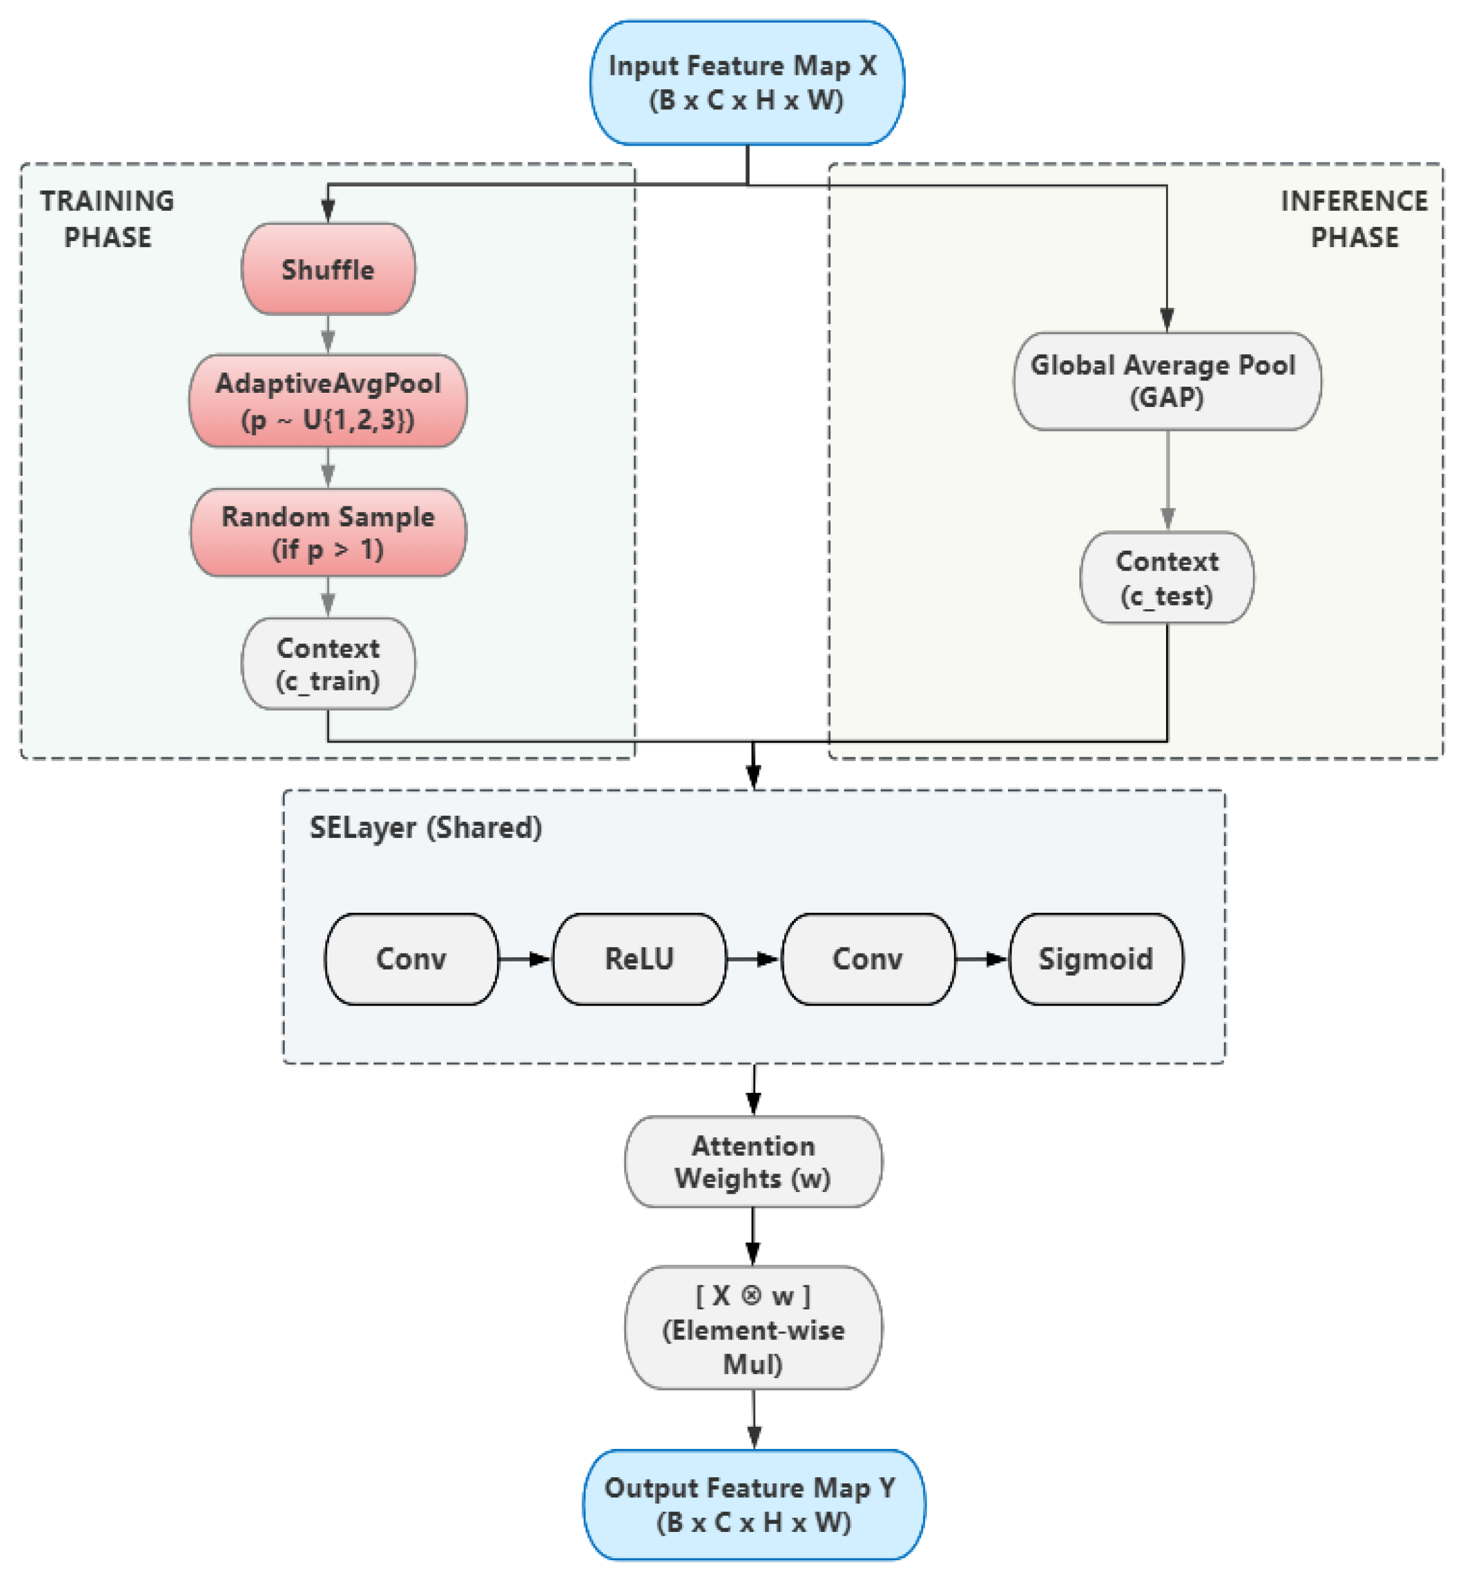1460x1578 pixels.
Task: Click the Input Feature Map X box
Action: click(x=747, y=83)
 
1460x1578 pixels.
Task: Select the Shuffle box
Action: click(x=328, y=269)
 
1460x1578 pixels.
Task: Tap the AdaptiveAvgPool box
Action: click(x=328, y=400)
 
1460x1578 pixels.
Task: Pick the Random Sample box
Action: click(x=328, y=532)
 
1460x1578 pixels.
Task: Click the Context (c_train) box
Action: click(x=328, y=663)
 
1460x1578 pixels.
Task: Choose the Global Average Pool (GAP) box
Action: click(x=1167, y=381)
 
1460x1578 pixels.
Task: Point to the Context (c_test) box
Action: click(x=1167, y=577)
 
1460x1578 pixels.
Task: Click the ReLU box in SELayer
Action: click(x=639, y=959)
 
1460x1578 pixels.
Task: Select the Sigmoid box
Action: click(x=1097, y=959)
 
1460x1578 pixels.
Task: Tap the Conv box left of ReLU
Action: click(x=411, y=959)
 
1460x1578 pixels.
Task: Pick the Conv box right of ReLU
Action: click(x=868, y=959)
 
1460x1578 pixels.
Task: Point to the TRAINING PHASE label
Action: click(x=108, y=219)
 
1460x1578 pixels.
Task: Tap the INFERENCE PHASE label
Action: click(x=1354, y=219)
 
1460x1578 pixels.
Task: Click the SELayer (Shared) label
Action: click(x=426, y=827)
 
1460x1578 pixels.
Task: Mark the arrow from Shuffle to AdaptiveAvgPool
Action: click(x=328, y=334)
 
